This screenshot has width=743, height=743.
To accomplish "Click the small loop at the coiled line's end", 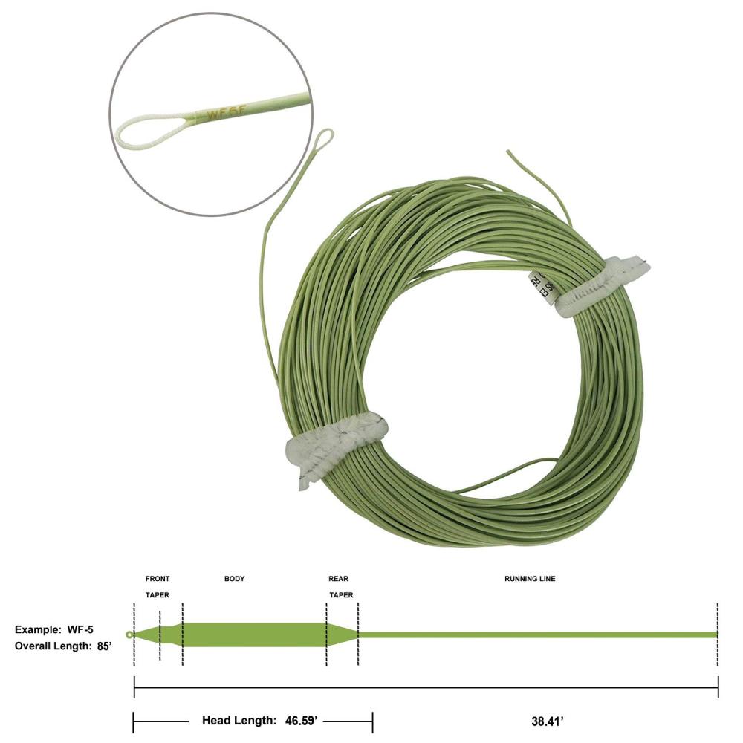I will [324, 139].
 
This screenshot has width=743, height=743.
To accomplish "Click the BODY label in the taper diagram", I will [234, 579].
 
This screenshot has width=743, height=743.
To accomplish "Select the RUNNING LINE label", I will [530, 579].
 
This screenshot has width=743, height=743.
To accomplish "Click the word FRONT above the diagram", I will [158, 579].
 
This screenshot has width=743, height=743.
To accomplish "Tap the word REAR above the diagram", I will [338, 579].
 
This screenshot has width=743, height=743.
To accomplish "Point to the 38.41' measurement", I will [546, 720].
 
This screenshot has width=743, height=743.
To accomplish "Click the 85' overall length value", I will [104, 646].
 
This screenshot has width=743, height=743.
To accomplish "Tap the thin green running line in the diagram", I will [535, 635].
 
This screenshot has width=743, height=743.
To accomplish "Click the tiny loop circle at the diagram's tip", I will [130, 635].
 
